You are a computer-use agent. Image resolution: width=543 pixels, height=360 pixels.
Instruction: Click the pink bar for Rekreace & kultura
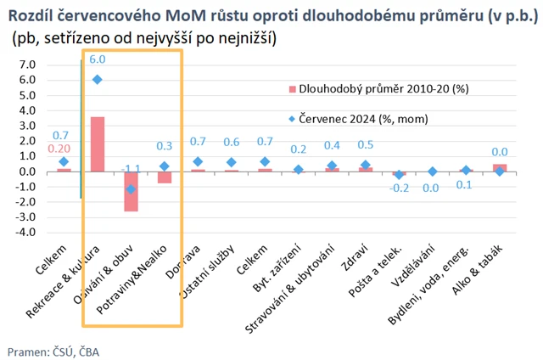[98, 144]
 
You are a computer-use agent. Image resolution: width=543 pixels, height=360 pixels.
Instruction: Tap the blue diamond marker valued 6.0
[98, 79]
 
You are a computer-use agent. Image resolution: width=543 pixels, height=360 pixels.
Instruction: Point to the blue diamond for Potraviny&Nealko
[164, 166]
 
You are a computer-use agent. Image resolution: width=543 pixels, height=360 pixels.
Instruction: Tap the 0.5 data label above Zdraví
[366, 145]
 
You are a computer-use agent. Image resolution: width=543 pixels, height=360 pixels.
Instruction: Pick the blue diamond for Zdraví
[366, 165]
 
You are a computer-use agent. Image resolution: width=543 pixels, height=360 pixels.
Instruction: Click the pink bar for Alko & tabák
[500, 168]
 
